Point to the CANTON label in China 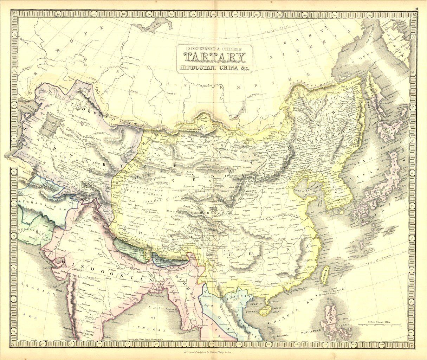pos(288,283)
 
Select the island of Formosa pos(326,274)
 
